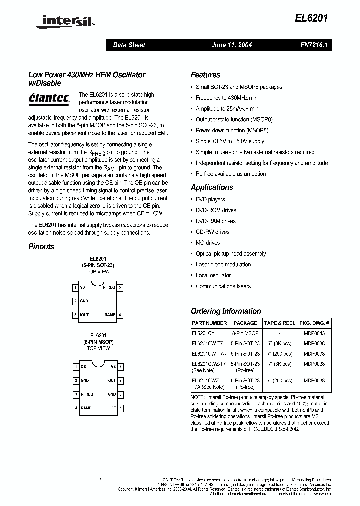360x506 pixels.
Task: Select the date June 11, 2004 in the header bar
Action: pos(232,45)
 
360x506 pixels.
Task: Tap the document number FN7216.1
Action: pos(313,45)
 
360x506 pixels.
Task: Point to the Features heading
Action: pos(205,75)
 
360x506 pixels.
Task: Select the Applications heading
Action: pos(212,187)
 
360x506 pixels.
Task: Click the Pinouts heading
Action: pos(41,247)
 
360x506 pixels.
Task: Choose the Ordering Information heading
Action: pos(226,311)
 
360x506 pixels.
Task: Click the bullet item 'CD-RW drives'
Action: pos(212,232)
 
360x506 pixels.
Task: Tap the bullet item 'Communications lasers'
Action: pos(223,286)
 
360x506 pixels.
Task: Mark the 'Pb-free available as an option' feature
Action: pos(230,174)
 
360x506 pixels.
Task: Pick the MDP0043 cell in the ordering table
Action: pos(313,333)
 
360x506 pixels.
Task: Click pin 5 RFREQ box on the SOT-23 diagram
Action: pos(120,287)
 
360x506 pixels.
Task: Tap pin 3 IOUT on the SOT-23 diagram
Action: pos(75,315)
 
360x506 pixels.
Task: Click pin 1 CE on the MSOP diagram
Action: pos(76,367)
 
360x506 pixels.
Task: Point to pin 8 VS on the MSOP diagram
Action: pos(120,367)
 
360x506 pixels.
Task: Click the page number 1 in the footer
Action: pos(100,480)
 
